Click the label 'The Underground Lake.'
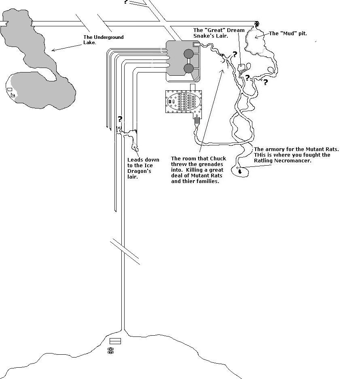(104, 40)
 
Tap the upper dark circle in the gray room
(188, 53)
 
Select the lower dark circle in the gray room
(188, 68)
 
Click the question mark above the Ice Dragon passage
(120, 119)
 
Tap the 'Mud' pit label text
(288, 34)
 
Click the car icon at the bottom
(110, 350)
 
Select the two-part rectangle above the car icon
(115, 341)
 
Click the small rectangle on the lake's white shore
(9, 89)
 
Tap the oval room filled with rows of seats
(184, 102)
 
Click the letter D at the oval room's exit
(197, 116)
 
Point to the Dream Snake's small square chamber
(242, 67)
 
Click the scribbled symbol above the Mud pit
(256, 24)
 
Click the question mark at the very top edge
(126, 2)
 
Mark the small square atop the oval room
(193, 87)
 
